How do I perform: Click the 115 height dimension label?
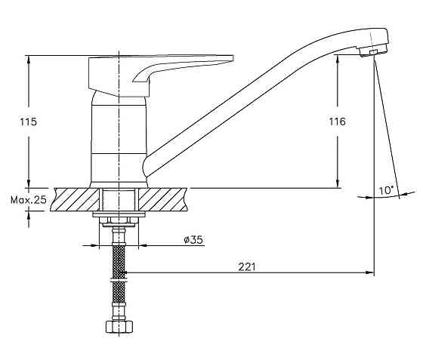point(28,122)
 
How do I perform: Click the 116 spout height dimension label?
point(337,122)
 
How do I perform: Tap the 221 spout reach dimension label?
point(247,266)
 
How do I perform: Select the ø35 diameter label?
point(193,239)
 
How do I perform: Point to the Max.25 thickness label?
point(29,200)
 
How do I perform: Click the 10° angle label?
point(386,190)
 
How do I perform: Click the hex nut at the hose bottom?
point(119,327)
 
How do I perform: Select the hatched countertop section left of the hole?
point(75,199)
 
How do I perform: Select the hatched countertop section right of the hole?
point(163,199)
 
